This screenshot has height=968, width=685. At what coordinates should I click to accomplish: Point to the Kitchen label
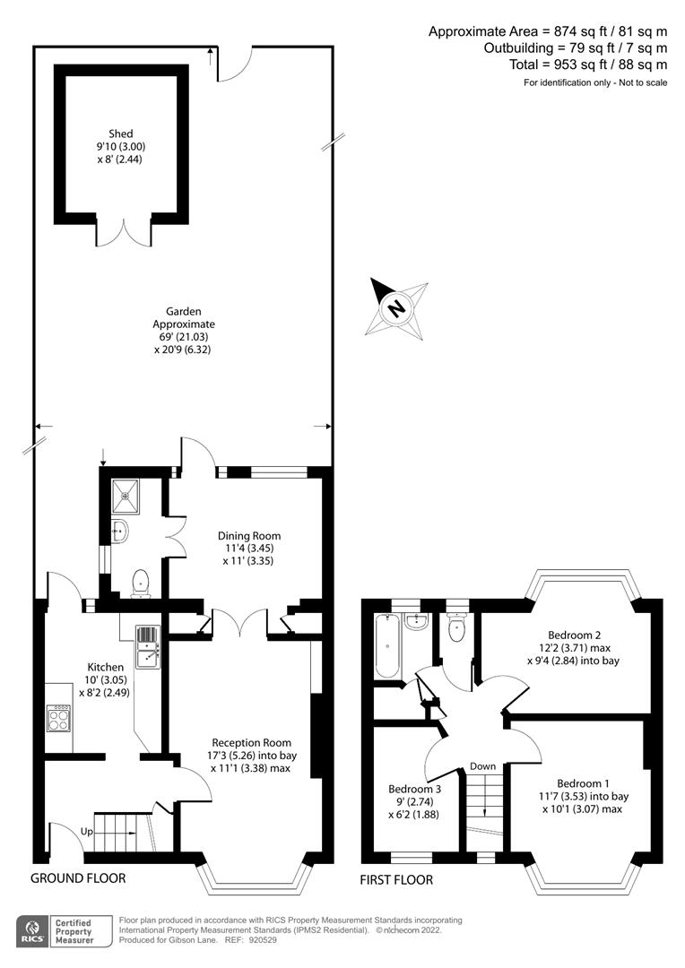pos(105,667)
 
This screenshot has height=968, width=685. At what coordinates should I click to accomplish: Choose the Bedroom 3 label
pos(413,788)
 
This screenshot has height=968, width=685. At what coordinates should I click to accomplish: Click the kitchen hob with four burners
pos(58,718)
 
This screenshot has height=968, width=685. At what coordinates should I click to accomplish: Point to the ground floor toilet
pos(140,583)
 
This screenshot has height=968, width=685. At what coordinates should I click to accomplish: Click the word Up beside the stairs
pos(86,832)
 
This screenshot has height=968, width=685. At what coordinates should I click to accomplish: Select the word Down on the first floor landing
pos(482,766)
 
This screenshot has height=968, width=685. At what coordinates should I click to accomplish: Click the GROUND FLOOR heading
pos(78,878)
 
